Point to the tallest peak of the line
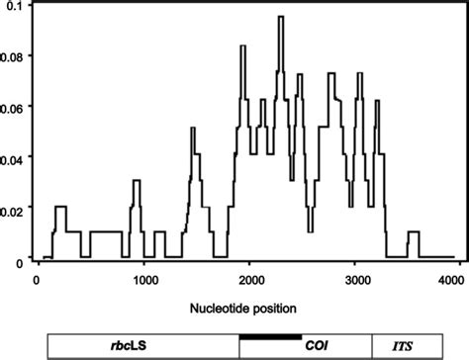[x=281, y=18]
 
